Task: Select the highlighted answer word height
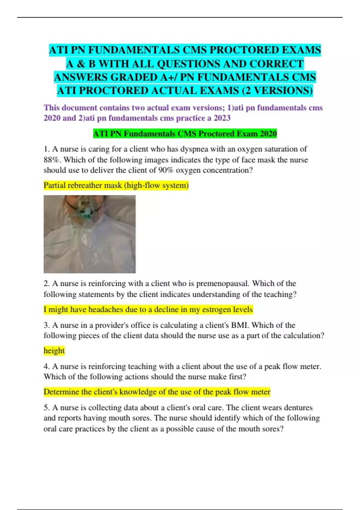point(54,351)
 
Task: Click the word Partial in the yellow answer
point(55,185)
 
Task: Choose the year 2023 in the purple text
point(222,118)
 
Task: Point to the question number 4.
point(46,367)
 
